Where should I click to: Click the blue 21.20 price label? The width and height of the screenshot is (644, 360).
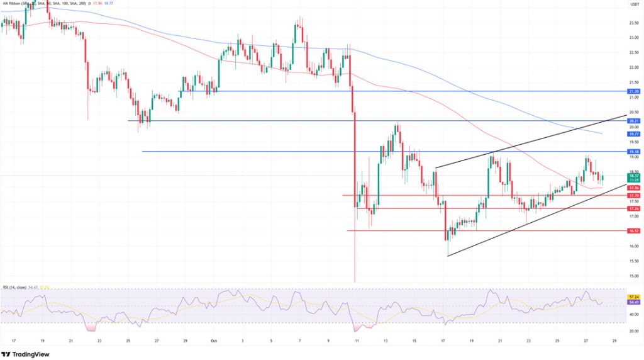(x=634, y=91)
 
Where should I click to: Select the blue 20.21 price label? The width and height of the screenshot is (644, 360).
(x=634, y=120)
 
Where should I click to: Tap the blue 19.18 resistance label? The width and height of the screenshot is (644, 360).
(x=634, y=152)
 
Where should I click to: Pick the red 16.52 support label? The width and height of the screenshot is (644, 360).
(x=634, y=231)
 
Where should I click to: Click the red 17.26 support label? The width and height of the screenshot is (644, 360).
(x=634, y=208)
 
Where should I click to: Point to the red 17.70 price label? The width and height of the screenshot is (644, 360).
(x=634, y=196)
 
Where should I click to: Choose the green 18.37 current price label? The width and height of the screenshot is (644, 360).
(x=634, y=176)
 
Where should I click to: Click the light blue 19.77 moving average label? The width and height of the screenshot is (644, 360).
(x=634, y=134)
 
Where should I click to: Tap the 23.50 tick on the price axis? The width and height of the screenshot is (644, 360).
(x=634, y=23)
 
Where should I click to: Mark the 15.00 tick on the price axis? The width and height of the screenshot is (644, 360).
(x=634, y=276)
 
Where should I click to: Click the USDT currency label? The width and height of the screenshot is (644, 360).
(x=634, y=4)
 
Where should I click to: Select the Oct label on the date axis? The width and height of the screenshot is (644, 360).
(x=212, y=340)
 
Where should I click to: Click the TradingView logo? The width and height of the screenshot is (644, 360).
(x=27, y=353)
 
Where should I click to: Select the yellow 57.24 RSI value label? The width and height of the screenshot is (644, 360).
(x=634, y=296)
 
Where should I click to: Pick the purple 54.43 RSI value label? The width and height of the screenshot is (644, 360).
(x=634, y=302)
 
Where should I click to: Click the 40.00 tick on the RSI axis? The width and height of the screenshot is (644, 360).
(x=634, y=315)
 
